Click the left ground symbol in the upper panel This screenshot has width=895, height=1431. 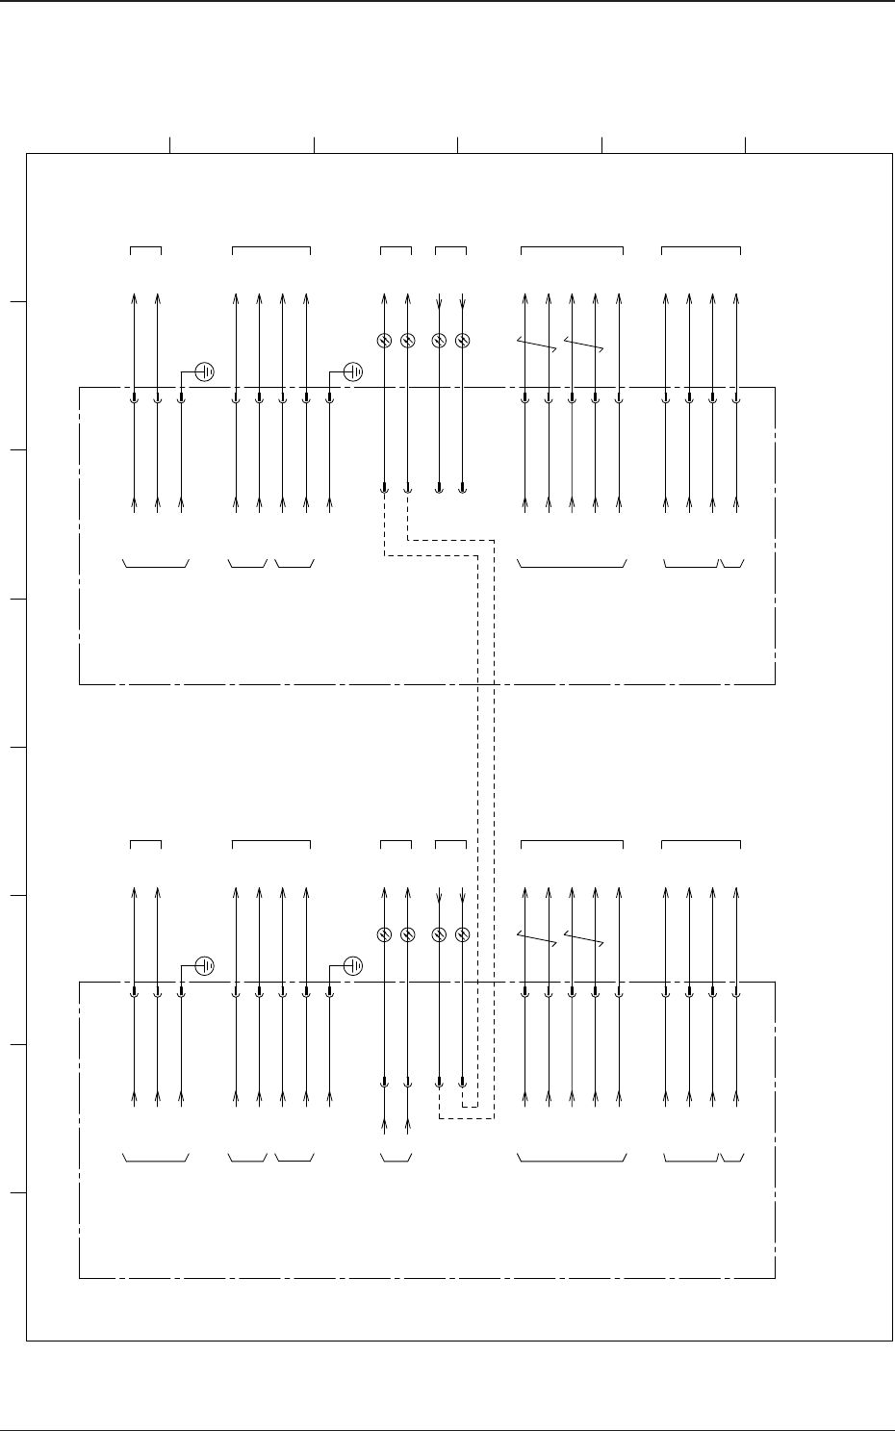click(204, 371)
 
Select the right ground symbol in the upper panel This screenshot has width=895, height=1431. click(354, 371)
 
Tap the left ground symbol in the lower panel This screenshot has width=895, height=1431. click(204, 965)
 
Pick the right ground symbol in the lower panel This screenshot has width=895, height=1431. click(354, 965)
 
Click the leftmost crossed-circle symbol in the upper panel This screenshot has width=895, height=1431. click(383, 341)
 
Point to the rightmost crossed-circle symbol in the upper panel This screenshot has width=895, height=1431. click(462, 341)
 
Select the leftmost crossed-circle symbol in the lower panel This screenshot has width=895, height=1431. click(383, 934)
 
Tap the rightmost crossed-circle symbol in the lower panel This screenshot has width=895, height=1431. click(462, 934)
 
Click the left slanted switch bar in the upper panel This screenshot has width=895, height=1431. click(537, 345)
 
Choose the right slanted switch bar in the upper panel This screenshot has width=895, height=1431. click(583, 345)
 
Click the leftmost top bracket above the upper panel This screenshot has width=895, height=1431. click(145, 248)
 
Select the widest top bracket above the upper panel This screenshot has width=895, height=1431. click(572, 248)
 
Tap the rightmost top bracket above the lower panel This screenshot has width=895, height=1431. click(701, 842)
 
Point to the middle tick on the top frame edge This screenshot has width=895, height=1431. click(457, 145)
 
